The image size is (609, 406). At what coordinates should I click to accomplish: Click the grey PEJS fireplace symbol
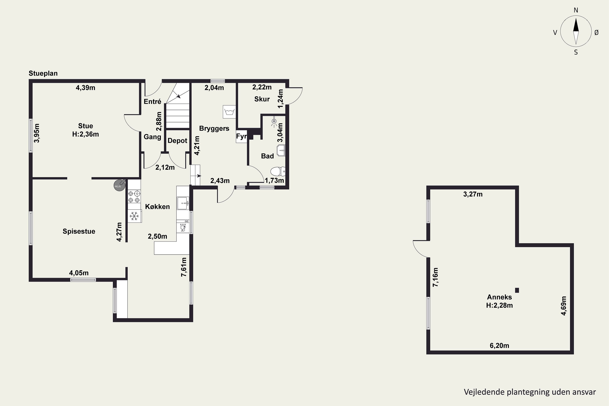pyautogui.click(x=119, y=185)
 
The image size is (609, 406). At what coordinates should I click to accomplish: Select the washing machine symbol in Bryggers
pyautogui.click(x=229, y=112)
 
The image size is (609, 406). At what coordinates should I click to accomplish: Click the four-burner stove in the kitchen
pyautogui.click(x=134, y=197)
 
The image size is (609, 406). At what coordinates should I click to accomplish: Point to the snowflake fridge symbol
pyautogui.click(x=134, y=216)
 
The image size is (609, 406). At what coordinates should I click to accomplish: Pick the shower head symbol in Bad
pyautogui.click(x=274, y=122)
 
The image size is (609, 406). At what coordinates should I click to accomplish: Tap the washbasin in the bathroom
pyautogui.click(x=281, y=150)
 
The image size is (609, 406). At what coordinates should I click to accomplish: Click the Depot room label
pyautogui.click(x=177, y=141)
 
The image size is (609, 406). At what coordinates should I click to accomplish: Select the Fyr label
pyautogui.click(x=241, y=136)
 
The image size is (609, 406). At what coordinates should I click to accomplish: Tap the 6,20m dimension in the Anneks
pyautogui.click(x=499, y=346)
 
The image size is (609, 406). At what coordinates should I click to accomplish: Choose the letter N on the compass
pyautogui.click(x=576, y=10)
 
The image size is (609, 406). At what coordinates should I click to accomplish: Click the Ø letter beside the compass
pyautogui.click(x=597, y=33)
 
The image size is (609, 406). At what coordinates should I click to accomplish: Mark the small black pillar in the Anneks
pyautogui.click(x=517, y=290)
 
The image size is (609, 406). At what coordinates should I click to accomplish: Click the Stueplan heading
pyautogui.click(x=43, y=73)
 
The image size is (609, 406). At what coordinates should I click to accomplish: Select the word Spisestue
pyautogui.click(x=79, y=231)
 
